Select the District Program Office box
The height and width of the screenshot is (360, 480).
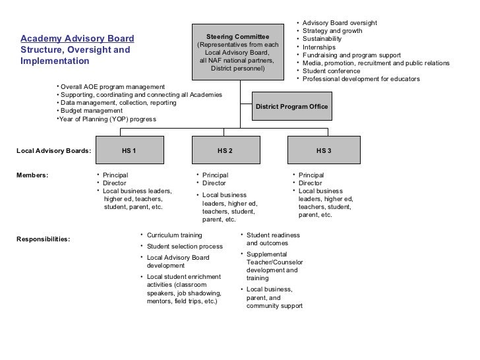291,107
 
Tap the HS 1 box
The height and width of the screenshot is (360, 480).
129,150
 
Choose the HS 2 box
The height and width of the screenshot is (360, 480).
225,150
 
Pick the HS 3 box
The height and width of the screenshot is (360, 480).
324,150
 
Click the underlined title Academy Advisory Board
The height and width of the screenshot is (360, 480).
77,38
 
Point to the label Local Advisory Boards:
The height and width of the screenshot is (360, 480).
53,151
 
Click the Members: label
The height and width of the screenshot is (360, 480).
32,175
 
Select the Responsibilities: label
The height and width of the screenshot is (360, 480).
43,239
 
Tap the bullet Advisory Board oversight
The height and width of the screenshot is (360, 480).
339,23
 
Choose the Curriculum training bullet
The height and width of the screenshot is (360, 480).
174,235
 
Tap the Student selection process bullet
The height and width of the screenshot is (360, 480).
184,247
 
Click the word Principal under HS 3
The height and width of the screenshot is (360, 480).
311,175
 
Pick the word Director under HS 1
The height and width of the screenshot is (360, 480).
115,183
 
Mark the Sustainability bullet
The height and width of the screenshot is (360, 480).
322,39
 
